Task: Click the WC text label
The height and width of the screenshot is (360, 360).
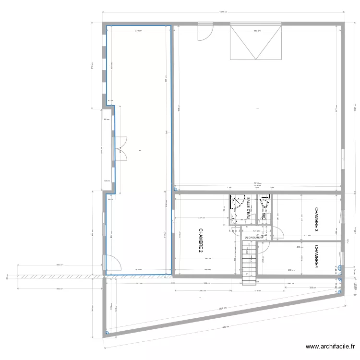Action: (x=264, y=216)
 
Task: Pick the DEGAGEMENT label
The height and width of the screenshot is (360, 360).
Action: (x=254, y=238)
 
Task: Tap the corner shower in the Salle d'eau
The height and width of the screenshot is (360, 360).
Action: (x=237, y=203)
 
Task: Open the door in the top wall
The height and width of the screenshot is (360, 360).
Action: (x=204, y=32)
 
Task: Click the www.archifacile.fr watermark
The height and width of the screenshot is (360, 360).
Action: (x=331, y=347)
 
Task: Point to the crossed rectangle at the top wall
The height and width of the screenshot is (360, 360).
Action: (x=255, y=42)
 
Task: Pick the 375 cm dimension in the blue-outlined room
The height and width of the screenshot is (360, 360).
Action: (x=138, y=31)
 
